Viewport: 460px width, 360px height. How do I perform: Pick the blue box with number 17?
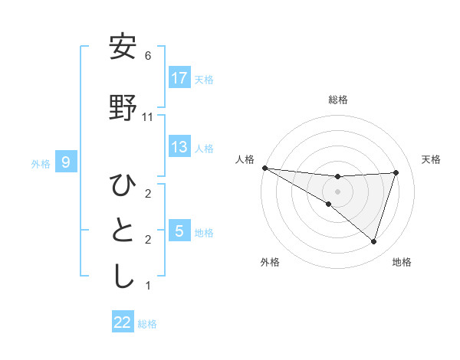coord(179,78)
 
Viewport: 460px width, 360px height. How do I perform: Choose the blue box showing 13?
coord(179,147)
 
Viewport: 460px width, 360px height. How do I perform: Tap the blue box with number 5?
coord(179,231)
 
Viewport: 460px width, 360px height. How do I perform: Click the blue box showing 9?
coord(67,162)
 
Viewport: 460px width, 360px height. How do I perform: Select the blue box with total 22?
coord(123,322)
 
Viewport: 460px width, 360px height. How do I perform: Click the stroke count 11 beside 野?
coord(148,117)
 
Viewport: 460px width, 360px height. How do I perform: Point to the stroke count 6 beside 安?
coord(148,56)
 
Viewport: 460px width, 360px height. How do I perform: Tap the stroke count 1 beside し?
coord(148,286)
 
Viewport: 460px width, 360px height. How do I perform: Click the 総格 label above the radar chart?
coord(338,100)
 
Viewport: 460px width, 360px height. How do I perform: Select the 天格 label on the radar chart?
coord(432,159)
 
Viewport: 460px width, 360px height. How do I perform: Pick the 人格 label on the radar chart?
coord(245,159)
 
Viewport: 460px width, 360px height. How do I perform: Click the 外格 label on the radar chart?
coord(270,262)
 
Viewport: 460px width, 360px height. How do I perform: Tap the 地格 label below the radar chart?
coord(402,262)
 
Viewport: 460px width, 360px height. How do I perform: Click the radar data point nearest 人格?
coord(264,167)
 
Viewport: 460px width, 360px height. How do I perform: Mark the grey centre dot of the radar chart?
coord(337,191)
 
